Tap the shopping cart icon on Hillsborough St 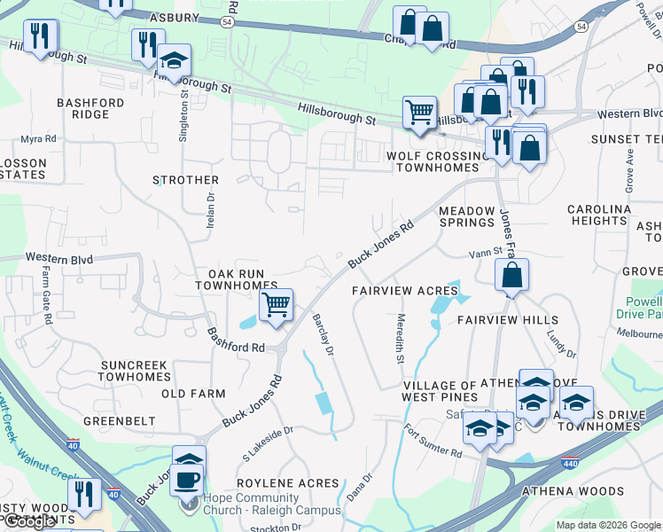pos(419,113)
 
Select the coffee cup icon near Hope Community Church pos(186,480)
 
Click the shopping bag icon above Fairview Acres pos(512,275)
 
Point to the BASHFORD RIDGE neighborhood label pos(90,108)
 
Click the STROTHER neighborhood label pos(185,180)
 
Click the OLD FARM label pos(193,393)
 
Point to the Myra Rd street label pos(38,139)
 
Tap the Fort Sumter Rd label pos(433,441)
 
